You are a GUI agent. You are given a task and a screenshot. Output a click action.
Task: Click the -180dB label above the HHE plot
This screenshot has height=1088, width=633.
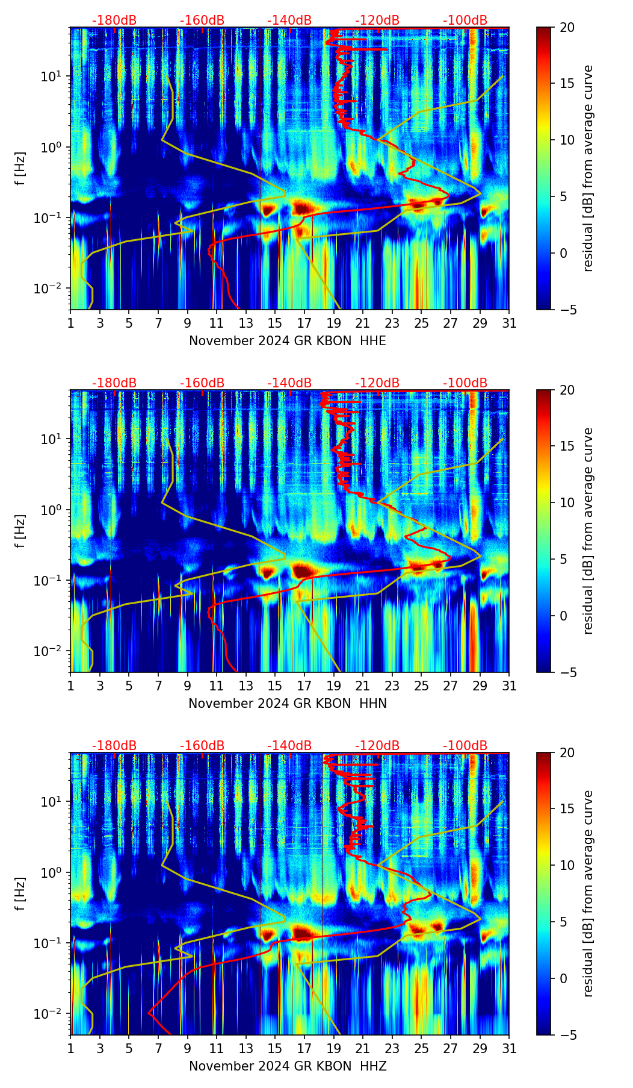114,20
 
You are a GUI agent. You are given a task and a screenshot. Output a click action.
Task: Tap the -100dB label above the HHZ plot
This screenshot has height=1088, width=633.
465,746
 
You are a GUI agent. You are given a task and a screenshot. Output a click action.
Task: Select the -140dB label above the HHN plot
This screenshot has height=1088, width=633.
289,383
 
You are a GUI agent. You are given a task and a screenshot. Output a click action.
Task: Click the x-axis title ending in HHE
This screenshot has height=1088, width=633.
288,341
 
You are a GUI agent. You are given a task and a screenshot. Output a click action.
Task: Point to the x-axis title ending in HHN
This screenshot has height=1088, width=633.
288,704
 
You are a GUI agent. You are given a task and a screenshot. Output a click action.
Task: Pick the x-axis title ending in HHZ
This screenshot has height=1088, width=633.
288,1066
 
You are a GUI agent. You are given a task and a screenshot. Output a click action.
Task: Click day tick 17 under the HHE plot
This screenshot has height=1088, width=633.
304,323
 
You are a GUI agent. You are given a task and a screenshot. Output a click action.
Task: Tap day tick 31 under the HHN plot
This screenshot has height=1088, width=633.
509,686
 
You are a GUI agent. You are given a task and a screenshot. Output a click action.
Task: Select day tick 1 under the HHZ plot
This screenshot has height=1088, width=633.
71,1048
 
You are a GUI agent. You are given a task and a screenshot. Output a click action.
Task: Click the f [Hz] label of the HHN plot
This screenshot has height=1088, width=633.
20,531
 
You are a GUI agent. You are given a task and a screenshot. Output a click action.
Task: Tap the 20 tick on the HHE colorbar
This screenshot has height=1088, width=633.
567,28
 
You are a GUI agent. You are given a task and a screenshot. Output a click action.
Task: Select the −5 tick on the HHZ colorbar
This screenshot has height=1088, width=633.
567,1035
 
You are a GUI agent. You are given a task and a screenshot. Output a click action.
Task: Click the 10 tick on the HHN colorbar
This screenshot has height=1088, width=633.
567,502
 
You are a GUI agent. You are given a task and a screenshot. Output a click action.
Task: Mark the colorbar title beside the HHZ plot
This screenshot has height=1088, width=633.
588,893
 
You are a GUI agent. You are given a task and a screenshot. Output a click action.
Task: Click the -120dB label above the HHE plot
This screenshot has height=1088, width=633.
377,20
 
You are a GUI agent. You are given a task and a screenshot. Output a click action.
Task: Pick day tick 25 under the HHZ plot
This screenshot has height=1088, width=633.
421,1048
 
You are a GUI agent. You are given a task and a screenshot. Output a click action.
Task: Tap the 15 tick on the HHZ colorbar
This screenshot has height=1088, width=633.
567,809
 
